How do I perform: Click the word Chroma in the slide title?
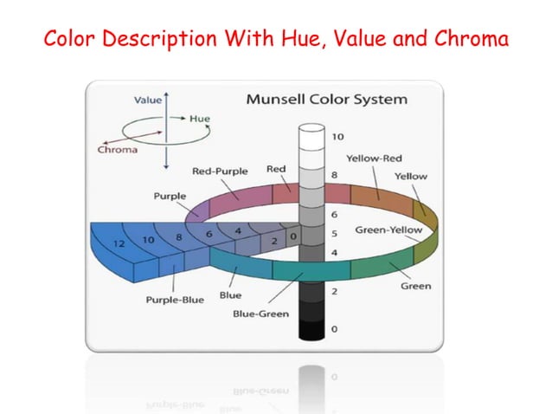pyautogui.click(x=467, y=40)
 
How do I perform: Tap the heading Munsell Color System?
pyautogui.click(x=326, y=99)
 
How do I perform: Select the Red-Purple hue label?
pyautogui.click(x=220, y=171)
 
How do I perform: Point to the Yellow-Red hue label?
pyautogui.click(x=374, y=158)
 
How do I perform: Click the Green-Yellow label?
pyautogui.click(x=388, y=230)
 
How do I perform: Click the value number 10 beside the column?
pyautogui.click(x=337, y=136)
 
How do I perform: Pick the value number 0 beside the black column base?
pyautogui.click(x=334, y=329)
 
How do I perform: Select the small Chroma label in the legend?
pyautogui.click(x=117, y=149)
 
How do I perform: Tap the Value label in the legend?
pyautogui.click(x=145, y=100)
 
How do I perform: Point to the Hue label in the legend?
pyautogui.click(x=199, y=119)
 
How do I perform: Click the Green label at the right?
pyautogui.click(x=415, y=286)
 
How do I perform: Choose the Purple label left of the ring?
pyautogui.click(x=170, y=196)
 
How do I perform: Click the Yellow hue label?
pyautogui.click(x=410, y=176)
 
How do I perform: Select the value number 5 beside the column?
pyautogui.click(x=334, y=233)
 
